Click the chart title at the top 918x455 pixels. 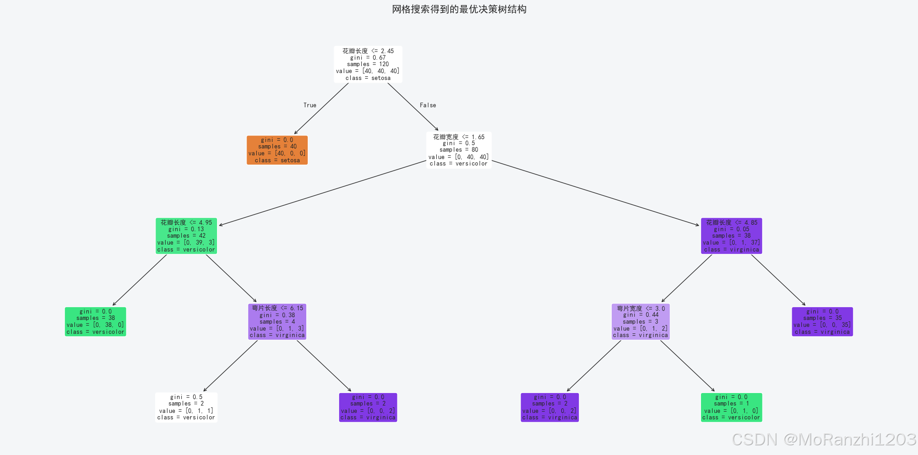(x=459, y=9)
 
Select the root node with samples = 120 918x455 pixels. (x=368, y=64)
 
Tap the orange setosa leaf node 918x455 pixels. (x=277, y=150)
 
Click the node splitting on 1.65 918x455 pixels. (x=459, y=150)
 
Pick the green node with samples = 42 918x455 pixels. (x=186, y=236)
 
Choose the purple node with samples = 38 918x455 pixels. (x=731, y=236)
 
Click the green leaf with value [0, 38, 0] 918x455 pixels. (x=95, y=321)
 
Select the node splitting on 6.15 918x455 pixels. (x=277, y=321)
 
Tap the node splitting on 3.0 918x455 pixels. (x=640, y=321)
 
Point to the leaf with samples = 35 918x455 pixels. (x=822, y=321)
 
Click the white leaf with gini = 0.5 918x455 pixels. (x=186, y=407)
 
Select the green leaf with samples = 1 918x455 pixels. (x=731, y=407)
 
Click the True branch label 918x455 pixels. (x=310, y=105)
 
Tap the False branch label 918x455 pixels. (x=428, y=105)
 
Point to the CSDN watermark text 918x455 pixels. (x=824, y=439)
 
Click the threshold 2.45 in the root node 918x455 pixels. (x=387, y=51)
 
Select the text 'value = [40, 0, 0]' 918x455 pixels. (x=277, y=154)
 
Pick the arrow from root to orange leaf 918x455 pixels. (x=322, y=109)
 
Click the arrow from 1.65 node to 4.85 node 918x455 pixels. (x=595, y=193)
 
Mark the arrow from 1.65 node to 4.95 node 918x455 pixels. (x=323, y=193)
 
